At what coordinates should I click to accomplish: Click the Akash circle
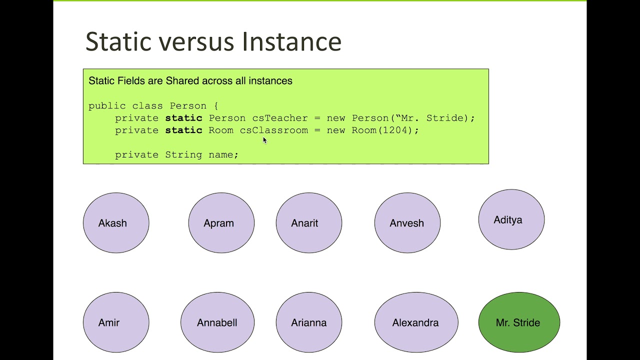pos(116,223)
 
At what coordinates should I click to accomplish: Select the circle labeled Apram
pos(221,223)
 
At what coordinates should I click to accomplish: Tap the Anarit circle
pos(308,223)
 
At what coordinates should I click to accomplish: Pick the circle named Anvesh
pos(407,223)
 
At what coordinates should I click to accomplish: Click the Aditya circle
pos(511,219)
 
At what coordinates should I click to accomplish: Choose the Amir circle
pos(116,322)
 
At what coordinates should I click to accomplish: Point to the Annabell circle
pos(217,322)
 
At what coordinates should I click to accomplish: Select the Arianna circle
pos(308,322)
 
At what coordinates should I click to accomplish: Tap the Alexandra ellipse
pos(416,322)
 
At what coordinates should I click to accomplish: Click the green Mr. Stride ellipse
pos(519,322)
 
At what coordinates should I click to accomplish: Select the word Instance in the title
pos(291,41)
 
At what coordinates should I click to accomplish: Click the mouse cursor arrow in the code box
pos(265,140)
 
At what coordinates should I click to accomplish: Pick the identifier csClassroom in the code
pos(274,130)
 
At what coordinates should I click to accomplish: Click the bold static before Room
pos(183,130)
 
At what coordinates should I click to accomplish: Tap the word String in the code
pos(183,154)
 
